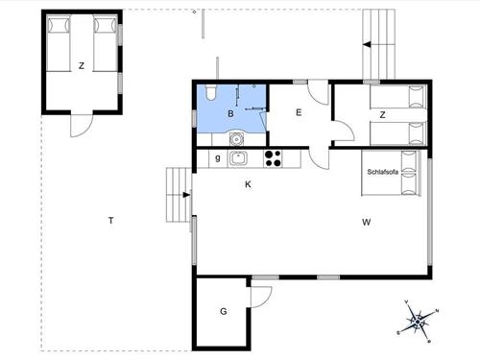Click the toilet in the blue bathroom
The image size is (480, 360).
tap(211, 92)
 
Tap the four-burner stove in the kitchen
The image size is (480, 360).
tap(273, 158)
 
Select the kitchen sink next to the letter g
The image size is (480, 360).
tap(237, 158)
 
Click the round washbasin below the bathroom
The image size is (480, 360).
tap(236, 139)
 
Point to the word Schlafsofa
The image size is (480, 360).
tap(383, 172)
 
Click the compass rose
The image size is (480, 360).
tap(419, 322)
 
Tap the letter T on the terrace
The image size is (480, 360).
tap(110, 221)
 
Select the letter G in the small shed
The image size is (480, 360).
tap(224, 311)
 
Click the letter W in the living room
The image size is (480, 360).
tap(367, 222)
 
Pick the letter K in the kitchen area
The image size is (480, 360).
tap(248, 184)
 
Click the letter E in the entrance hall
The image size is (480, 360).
tap(299, 112)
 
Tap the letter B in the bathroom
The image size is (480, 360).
tap(230, 113)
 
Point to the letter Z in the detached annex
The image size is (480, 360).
tap(82, 65)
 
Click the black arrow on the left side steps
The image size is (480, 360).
tap(186, 195)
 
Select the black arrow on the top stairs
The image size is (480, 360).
tap(367, 45)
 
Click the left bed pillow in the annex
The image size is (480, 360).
tap(59, 25)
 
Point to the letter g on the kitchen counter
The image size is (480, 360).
tap(218, 157)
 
